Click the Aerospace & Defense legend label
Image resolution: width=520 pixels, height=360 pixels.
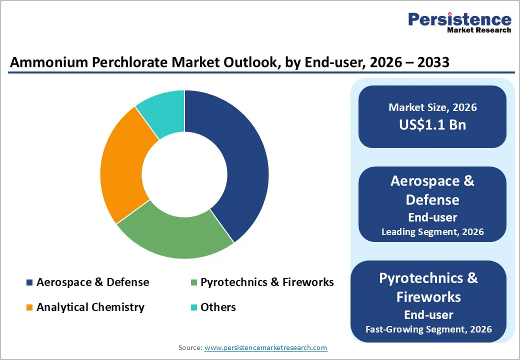pos(92,282)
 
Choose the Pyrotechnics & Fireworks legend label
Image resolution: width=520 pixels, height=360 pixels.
pos(267,282)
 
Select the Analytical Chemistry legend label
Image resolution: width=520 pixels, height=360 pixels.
pos(90,307)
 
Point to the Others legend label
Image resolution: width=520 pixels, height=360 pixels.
pos(218,307)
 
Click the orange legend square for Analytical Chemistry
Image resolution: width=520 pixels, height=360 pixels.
pos(29,307)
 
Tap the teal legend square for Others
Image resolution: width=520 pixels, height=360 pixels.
pos(193,307)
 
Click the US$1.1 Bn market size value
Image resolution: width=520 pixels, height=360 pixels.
pos(432,124)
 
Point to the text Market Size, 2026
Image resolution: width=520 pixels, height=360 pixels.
pos(432,107)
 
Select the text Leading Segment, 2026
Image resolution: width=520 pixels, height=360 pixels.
pos(432,232)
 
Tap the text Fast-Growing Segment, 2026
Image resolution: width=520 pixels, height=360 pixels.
pos(428,329)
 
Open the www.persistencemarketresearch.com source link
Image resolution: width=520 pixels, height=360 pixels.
pos(266,347)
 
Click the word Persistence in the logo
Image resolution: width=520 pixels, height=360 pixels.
pos(459,19)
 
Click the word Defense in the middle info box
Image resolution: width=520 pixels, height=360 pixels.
pos(432,199)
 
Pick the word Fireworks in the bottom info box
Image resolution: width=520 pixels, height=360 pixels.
pos(428,296)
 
